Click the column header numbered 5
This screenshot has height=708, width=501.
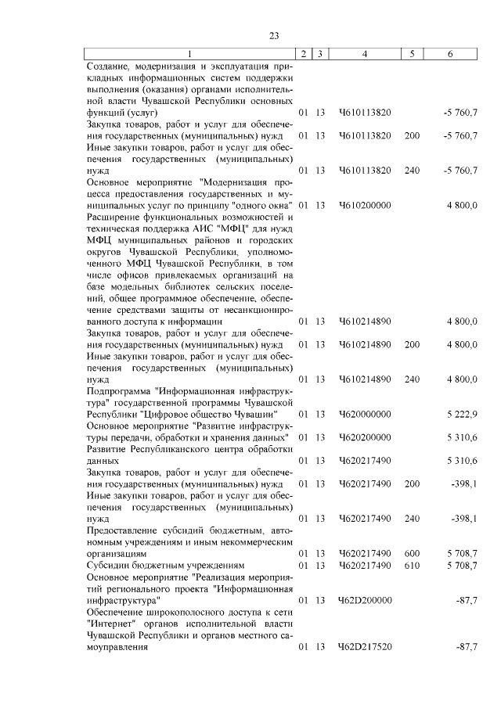pyautogui.click(x=412, y=53)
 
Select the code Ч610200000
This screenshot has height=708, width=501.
pyautogui.click(x=365, y=205)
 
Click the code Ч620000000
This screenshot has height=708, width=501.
pyautogui.click(x=365, y=413)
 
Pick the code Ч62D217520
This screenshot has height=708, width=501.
pyautogui.click(x=365, y=649)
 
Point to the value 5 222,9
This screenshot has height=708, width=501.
pyautogui.click(x=462, y=413)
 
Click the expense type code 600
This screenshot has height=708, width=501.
pyautogui.click(x=412, y=553)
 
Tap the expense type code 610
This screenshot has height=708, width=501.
pyautogui.click(x=412, y=564)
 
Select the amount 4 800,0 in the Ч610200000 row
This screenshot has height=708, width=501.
pyautogui.click(x=462, y=205)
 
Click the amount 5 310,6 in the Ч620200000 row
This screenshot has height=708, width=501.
pyautogui.click(x=462, y=437)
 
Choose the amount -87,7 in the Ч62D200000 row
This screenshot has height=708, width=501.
pyautogui.click(x=467, y=600)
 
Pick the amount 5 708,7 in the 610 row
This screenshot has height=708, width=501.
pyautogui.click(x=462, y=564)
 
